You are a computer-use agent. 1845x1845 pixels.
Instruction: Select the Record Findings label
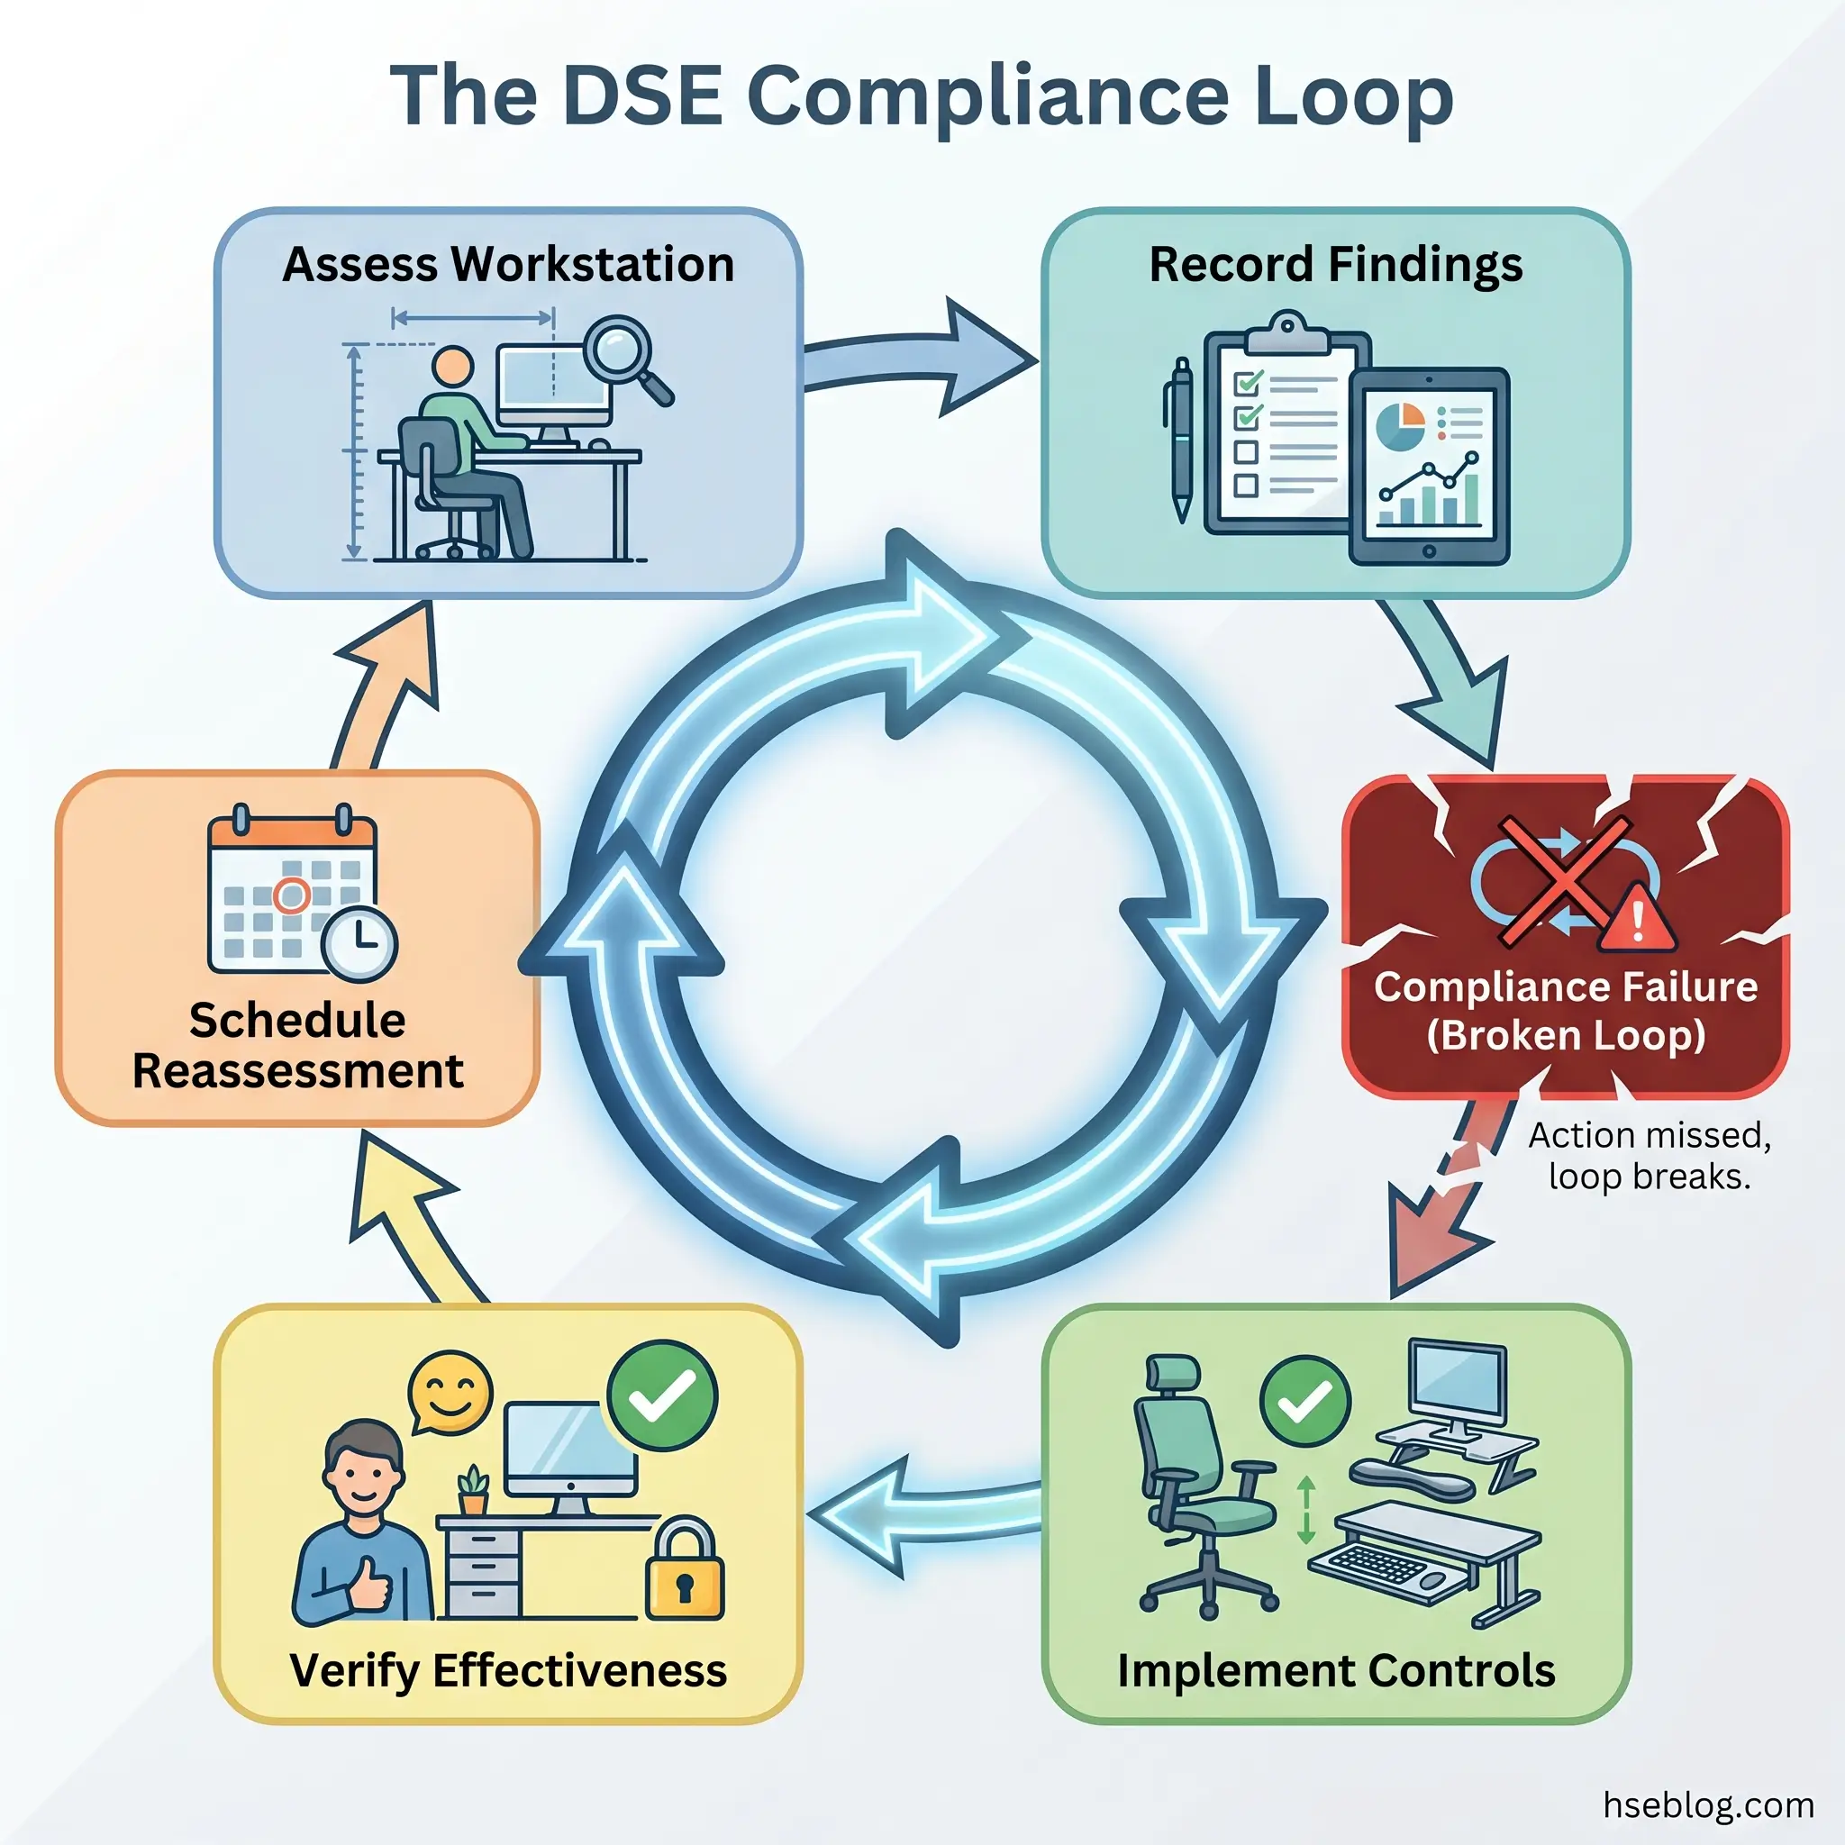(1335, 265)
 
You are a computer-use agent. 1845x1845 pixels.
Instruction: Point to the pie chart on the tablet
(1400, 425)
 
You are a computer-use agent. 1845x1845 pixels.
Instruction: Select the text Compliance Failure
(1565, 986)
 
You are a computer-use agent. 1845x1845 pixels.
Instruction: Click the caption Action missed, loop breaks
(1650, 1156)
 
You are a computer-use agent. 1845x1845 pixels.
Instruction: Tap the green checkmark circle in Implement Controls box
(1305, 1402)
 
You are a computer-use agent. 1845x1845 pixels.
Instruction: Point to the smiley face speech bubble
(450, 1391)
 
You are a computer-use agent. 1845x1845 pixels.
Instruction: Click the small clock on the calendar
(359, 943)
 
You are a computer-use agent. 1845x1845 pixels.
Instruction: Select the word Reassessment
(298, 1070)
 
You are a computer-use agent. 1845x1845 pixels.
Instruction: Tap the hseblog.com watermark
(1707, 1804)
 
